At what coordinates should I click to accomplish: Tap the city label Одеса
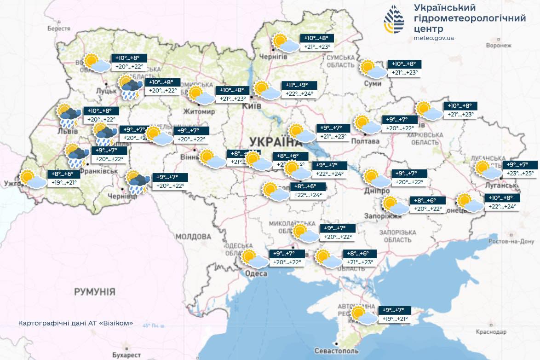256,274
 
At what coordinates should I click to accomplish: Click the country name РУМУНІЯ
95,292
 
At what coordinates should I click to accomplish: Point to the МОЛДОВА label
193,237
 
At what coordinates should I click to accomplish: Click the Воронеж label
499,46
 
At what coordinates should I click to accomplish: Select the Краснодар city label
491,332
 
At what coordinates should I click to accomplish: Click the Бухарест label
126,355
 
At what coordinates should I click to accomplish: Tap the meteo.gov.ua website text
434,38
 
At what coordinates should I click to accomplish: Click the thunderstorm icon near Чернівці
138,182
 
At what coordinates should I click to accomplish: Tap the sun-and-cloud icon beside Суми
373,70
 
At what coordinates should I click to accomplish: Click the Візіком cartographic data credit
76,323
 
